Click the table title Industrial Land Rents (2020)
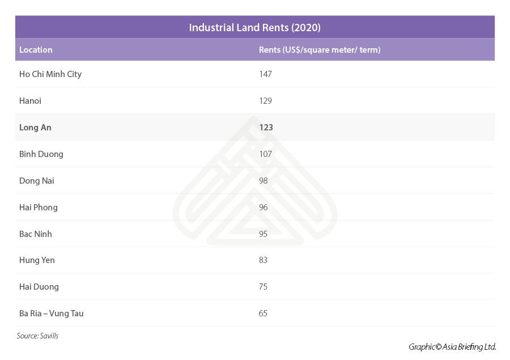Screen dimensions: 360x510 (254, 27)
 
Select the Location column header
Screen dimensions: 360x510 (36, 50)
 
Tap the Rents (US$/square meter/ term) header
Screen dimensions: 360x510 (320, 50)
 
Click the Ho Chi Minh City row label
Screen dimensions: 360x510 (50, 74)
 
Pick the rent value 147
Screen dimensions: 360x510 (265, 74)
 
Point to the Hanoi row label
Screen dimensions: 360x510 (30, 101)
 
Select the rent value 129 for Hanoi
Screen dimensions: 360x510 (265, 101)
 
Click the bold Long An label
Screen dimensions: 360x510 (35, 128)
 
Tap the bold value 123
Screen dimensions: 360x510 (266, 128)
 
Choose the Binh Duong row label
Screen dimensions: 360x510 (41, 154)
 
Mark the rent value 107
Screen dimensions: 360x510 (265, 154)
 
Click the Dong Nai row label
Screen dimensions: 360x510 (37, 181)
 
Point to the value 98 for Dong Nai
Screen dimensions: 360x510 (263, 181)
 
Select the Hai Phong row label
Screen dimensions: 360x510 (39, 207)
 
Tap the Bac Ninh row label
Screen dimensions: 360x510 (36, 234)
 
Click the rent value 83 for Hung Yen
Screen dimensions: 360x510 (263, 260)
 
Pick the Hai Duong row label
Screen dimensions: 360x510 (39, 287)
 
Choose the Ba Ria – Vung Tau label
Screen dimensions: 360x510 (52, 314)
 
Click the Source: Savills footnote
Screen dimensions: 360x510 (37, 336)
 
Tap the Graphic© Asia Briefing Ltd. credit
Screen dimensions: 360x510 (452, 347)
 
